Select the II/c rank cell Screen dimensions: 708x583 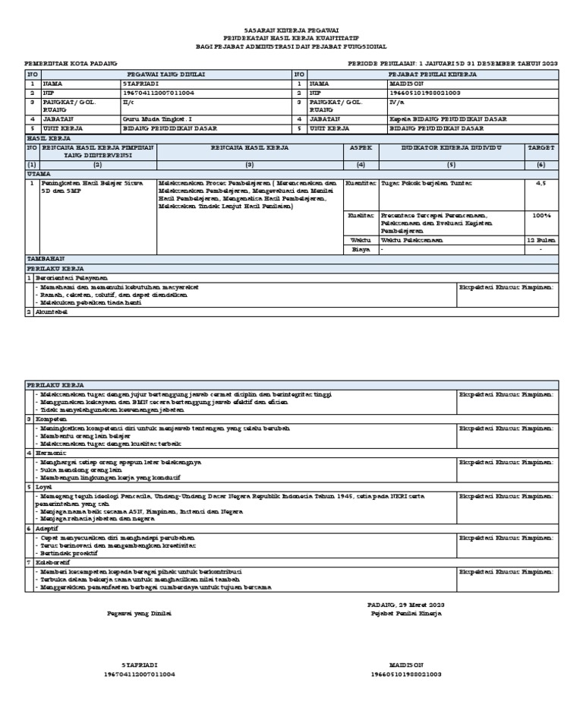pyautogui.click(x=128, y=101)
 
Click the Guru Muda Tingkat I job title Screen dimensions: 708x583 pyautogui.click(x=153, y=119)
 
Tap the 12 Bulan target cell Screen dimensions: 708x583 pyautogui.click(x=540, y=240)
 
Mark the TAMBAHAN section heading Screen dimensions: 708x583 pyautogui.click(x=46, y=259)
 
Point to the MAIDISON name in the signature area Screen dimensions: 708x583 pyautogui.click(x=405, y=664)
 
